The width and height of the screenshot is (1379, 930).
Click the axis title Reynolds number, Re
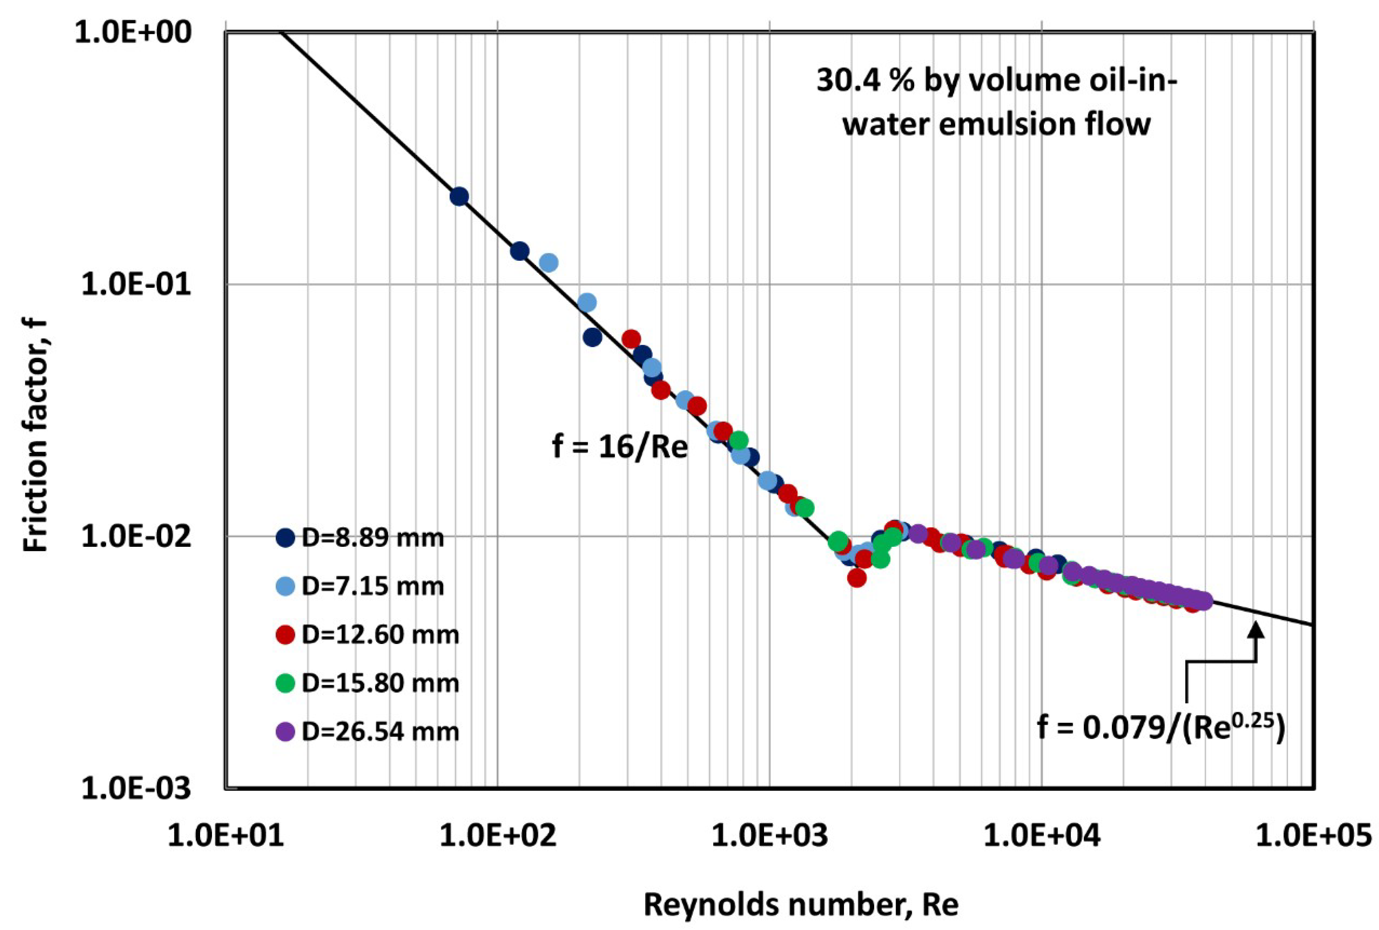[x=801, y=905]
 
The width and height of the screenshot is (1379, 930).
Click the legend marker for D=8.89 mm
[x=286, y=538]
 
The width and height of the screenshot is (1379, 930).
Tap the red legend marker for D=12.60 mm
[x=286, y=635]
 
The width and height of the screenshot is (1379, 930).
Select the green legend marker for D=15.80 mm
[x=286, y=683]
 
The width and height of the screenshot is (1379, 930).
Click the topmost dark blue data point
[x=459, y=196]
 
